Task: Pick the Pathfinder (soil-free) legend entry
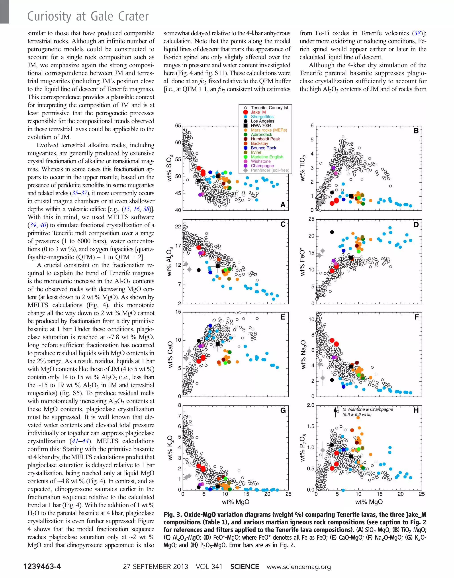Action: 270,170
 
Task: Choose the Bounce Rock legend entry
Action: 263,148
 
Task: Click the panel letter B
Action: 416,131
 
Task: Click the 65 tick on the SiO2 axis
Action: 178,126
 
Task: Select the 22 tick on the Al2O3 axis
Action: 178,227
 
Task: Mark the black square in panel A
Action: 217,176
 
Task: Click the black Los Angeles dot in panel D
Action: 332,232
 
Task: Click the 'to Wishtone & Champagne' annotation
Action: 367,409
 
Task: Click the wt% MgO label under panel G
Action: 235,502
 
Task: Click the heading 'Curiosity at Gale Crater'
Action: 88,16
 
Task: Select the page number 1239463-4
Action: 42,566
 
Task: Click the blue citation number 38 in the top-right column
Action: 417,33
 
